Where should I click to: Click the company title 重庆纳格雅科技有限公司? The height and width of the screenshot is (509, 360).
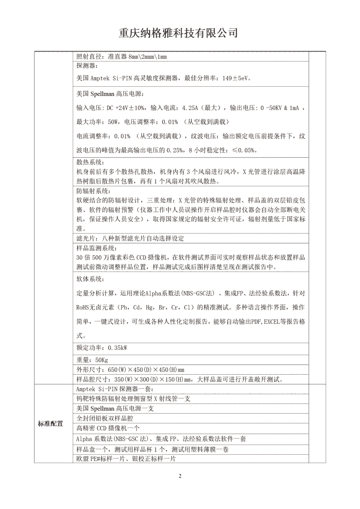tap(178, 33)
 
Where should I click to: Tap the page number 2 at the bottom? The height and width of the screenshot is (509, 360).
tap(180, 476)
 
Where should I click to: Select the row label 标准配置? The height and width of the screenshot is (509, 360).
tap(50, 424)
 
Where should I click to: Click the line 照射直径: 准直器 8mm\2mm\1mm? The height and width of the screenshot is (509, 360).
tap(122, 57)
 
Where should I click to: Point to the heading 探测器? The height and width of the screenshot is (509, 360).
tap(87, 66)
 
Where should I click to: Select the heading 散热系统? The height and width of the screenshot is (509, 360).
tap(90, 163)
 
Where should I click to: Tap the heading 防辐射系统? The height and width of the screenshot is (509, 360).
tap(93, 191)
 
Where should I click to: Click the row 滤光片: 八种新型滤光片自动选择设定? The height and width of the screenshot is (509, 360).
tap(130, 238)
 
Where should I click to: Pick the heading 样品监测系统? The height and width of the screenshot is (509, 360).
tap(96, 248)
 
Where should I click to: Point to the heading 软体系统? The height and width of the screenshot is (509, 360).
tap(90, 279)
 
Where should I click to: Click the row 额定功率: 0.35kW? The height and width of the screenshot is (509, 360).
tap(102, 348)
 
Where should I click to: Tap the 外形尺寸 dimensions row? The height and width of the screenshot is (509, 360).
tap(130, 369)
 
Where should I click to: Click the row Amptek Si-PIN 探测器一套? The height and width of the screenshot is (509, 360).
tap(115, 389)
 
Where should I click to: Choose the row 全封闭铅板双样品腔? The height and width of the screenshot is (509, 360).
tap(105, 419)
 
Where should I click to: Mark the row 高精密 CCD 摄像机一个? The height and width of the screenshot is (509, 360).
tap(108, 429)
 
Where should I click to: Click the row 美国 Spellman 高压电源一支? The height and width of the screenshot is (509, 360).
tap(115, 409)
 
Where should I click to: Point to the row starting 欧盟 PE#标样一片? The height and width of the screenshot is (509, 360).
tap(126, 459)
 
